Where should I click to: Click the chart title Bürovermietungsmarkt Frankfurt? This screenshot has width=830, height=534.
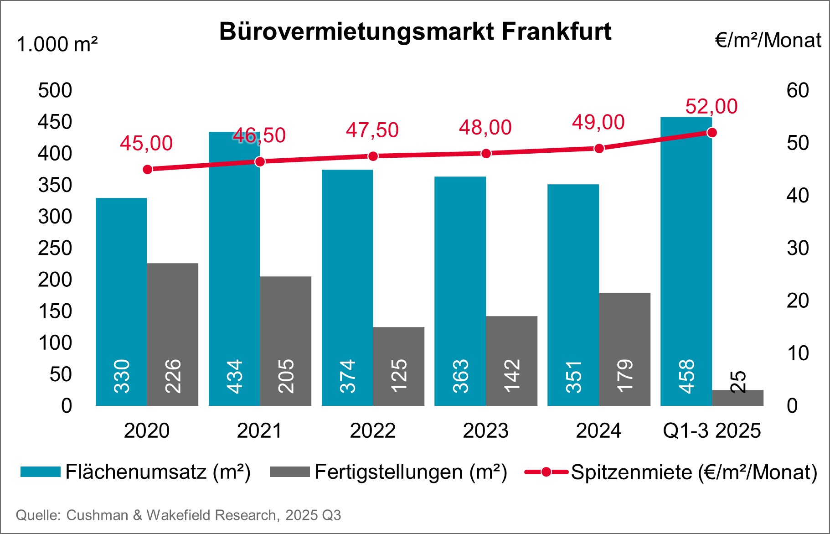[415, 32]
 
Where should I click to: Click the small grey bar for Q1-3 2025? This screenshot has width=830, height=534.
[737, 398]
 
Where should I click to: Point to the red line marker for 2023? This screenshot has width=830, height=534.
[486, 154]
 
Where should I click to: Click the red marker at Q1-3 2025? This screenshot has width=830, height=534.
[712, 133]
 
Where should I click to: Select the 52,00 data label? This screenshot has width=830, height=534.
[711, 107]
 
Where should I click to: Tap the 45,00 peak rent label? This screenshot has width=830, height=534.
[146, 144]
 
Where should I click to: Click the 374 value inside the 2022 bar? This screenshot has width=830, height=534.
[348, 376]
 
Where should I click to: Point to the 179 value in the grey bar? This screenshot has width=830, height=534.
[625, 376]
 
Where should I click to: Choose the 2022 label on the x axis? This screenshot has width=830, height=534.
[372, 431]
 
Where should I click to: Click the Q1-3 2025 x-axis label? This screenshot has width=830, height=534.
[711, 431]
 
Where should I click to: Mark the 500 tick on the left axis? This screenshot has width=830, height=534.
[55, 91]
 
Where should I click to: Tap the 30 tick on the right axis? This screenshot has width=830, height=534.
[798, 249]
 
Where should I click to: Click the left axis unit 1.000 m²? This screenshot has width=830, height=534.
[57, 45]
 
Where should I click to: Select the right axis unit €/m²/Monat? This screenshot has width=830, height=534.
[768, 41]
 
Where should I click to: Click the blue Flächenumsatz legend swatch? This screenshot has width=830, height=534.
[41, 472]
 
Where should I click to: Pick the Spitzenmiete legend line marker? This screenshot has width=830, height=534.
[546, 472]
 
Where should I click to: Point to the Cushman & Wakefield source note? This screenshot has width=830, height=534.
[178, 515]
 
